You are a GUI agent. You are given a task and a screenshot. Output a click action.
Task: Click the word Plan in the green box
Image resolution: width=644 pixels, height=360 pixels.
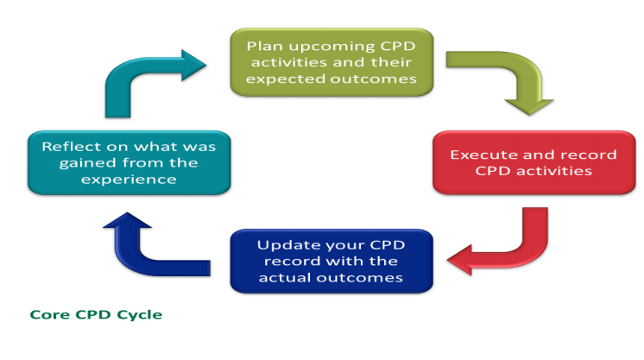(x=265, y=46)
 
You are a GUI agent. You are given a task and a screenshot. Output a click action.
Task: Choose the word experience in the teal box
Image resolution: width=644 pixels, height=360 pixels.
(x=129, y=180)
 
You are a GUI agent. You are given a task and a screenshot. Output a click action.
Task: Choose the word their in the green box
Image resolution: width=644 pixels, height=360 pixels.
(x=391, y=62)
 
